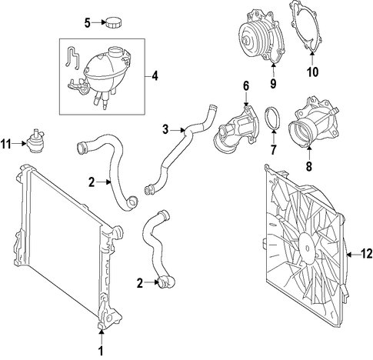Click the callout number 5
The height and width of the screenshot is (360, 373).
88,23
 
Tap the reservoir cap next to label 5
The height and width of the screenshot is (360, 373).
114,22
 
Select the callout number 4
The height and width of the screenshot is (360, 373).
155,76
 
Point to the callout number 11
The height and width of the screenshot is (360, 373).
6,144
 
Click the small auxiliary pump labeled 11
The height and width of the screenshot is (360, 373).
35,142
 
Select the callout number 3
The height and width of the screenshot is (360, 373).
165,130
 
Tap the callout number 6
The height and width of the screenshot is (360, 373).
246,86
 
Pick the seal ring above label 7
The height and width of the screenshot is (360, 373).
273,119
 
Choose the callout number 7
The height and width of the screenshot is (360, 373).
273,150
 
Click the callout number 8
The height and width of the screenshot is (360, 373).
309,166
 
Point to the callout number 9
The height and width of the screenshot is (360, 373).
273,84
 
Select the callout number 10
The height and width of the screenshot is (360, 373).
313,72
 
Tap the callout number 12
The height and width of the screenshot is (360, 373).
367,254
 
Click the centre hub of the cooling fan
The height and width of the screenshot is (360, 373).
308,248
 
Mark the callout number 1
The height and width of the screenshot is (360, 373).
101,351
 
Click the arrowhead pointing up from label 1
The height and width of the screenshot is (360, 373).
102,332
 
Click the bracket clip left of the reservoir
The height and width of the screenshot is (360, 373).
72,58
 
